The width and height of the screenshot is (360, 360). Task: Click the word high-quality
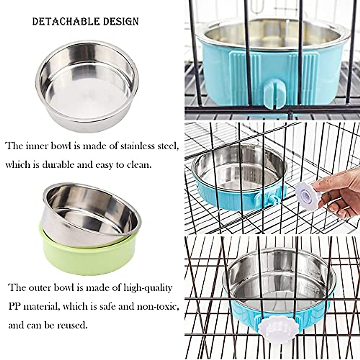[148, 288]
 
